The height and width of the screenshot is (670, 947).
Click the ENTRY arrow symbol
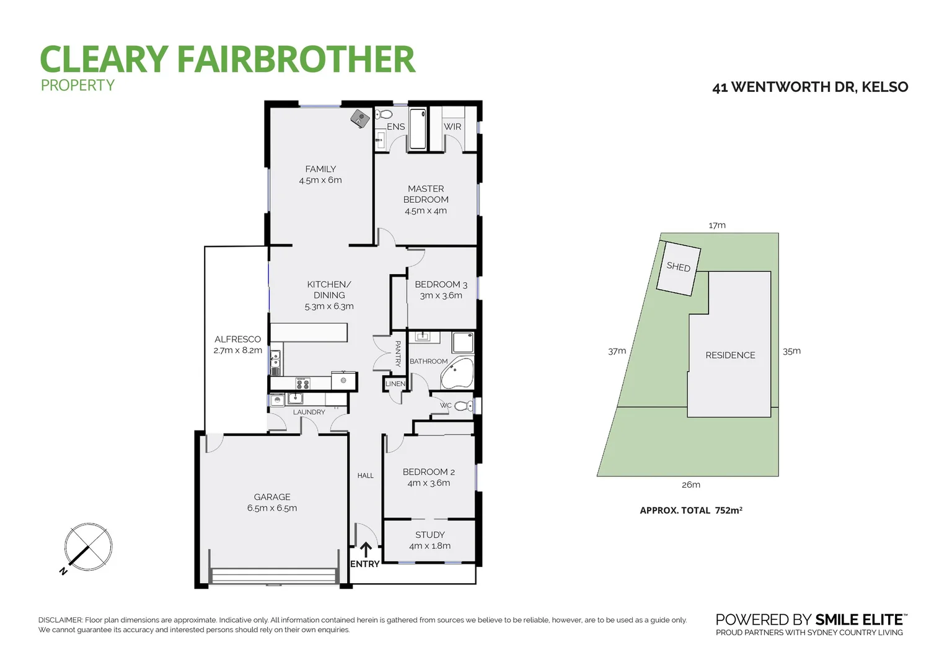366,549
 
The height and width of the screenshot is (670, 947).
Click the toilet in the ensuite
384,114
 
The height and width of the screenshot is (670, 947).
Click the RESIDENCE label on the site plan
730,355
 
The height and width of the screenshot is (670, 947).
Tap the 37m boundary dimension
617,351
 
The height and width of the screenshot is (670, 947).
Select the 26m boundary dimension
690,485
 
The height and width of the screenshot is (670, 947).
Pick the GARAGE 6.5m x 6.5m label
272,502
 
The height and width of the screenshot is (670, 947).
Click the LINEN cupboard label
395,384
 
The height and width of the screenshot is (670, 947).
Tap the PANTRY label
398,353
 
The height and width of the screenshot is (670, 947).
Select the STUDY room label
429,535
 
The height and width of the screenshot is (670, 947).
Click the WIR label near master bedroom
452,127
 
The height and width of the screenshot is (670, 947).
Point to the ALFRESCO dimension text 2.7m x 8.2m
237,351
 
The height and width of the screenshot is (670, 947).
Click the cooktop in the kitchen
302,383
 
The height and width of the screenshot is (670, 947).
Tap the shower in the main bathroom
462,342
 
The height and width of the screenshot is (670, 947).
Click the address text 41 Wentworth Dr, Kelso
810,87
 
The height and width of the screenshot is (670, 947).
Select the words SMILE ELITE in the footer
860,619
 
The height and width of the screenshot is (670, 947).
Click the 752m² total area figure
728,510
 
